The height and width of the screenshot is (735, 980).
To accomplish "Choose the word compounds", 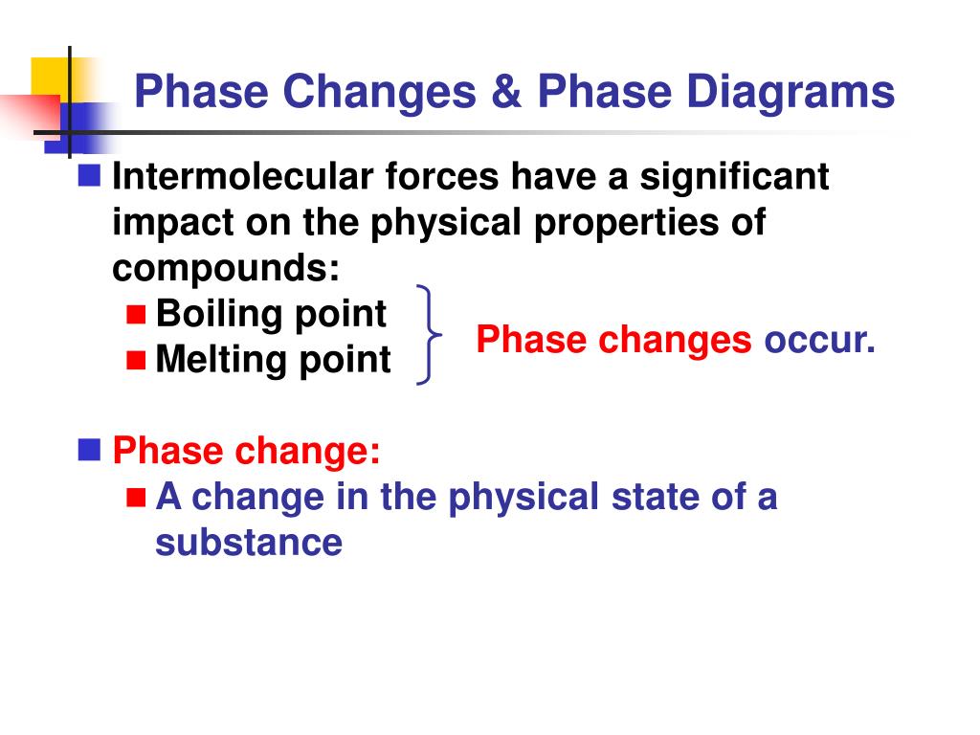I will point(226,268).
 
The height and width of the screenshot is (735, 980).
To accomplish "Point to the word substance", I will point(249,543).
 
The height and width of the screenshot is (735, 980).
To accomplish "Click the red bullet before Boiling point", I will point(136,314).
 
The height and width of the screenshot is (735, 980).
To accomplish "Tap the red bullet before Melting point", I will point(136,360).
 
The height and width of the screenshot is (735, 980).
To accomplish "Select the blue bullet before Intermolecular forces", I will point(90,176).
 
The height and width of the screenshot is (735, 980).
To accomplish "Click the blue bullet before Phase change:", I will point(90,449).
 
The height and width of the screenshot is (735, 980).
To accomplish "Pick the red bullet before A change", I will point(136,497).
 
